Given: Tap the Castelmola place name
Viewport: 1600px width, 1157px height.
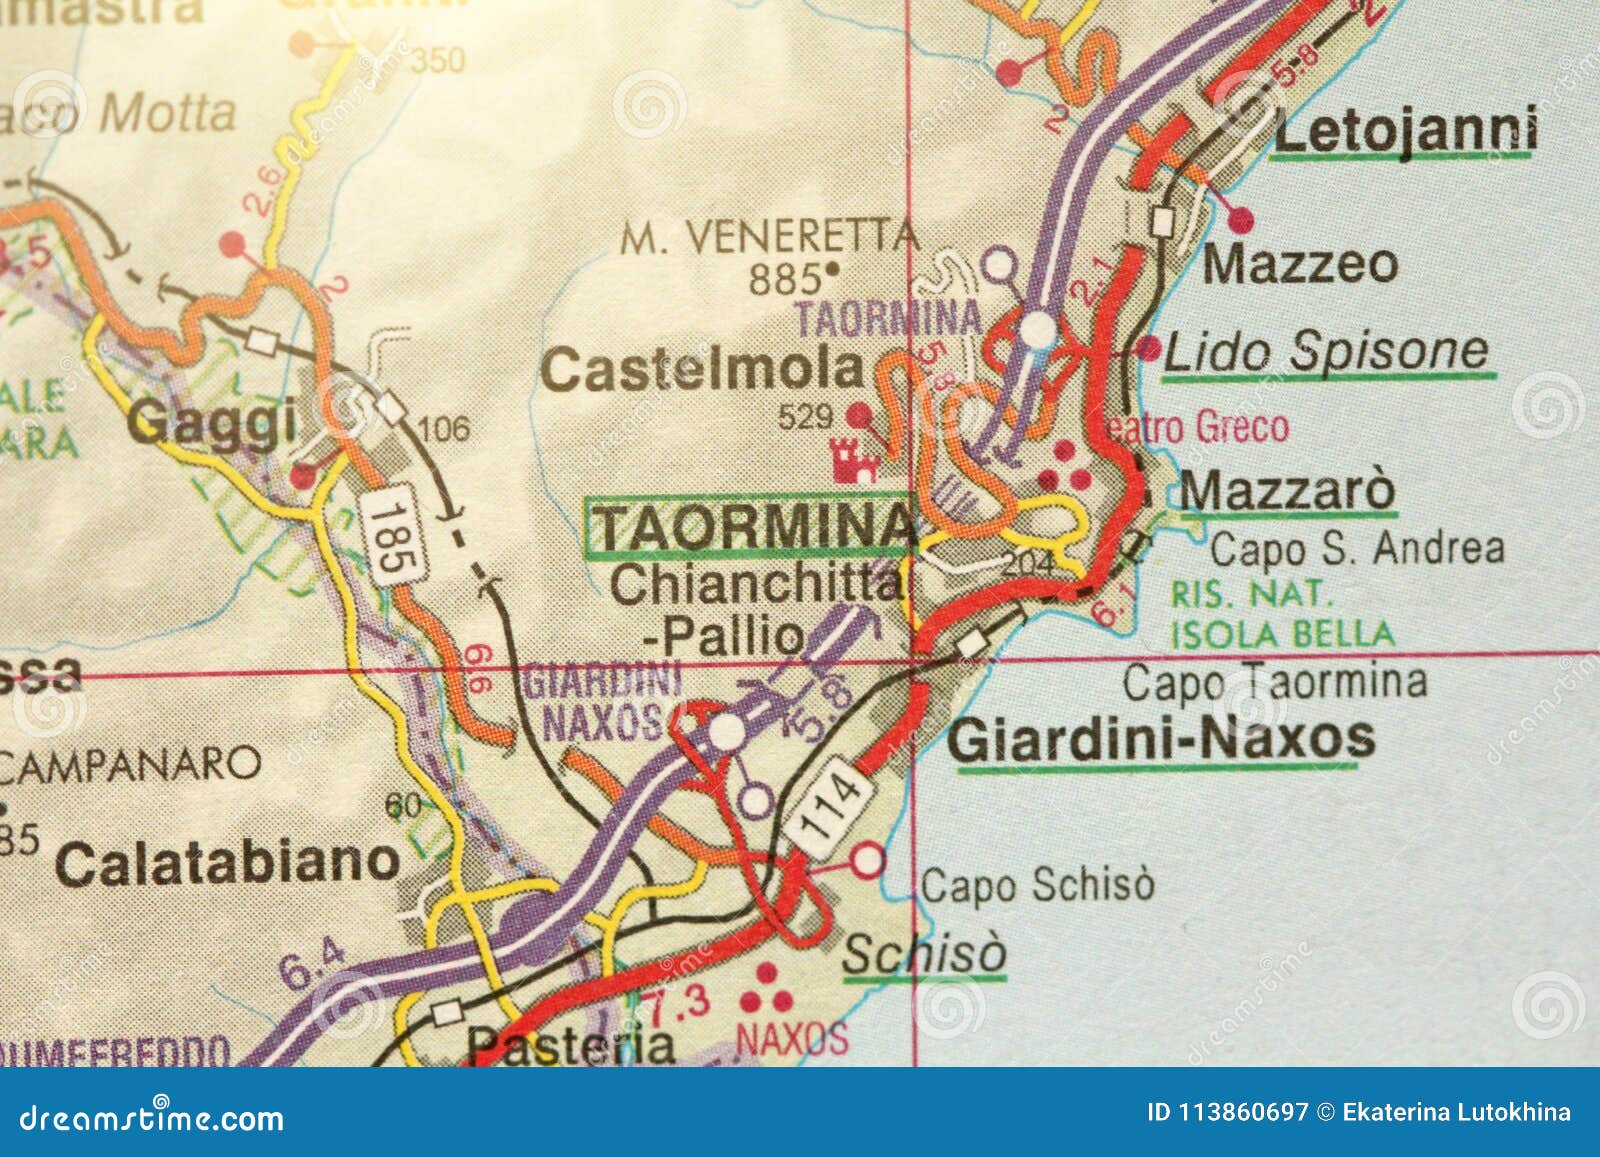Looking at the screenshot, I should (x=702, y=370).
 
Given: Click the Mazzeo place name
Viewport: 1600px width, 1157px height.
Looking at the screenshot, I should (x=1300, y=264).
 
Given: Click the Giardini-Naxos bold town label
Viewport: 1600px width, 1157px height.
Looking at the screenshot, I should (x=1160, y=739).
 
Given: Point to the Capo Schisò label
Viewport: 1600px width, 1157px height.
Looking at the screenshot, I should (x=1037, y=884).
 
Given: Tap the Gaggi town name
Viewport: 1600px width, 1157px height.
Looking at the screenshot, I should (x=212, y=421).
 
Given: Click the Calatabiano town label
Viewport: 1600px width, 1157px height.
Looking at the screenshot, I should (x=228, y=862).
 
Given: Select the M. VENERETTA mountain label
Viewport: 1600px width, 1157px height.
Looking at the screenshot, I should (x=768, y=238).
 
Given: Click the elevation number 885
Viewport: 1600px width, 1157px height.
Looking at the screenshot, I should (x=785, y=279).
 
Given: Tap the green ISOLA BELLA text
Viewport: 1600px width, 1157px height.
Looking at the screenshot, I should (x=1282, y=634).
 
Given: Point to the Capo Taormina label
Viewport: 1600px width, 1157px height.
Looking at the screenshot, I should (x=1274, y=683).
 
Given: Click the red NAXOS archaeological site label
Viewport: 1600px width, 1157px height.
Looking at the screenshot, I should (x=792, y=1039).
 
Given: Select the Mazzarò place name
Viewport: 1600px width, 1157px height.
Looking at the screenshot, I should (x=1286, y=491).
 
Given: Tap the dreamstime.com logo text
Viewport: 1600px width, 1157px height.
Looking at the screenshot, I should (x=152, y=1117).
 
